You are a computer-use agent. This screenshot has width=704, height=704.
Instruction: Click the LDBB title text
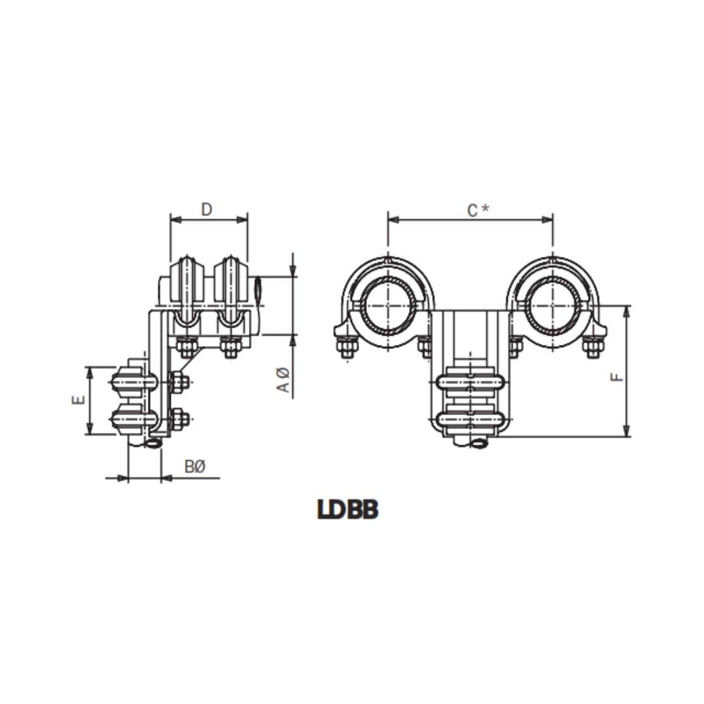(x=348, y=510)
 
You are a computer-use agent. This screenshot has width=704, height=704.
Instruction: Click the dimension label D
(x=207, y=209)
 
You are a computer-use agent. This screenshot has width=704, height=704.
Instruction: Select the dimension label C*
(x=477, y=210)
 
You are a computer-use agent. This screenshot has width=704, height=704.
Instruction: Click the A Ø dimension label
(x=283, y=380)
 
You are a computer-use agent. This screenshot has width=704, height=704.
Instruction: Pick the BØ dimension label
(x=195, y=467)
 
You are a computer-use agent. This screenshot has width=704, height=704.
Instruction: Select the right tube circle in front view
(x=552, y=305)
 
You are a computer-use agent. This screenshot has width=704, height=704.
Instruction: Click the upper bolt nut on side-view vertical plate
(x=179, y=383)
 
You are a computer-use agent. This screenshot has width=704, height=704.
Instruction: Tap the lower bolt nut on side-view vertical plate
(x=179, y=419)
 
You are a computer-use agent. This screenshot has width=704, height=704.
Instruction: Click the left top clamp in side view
(x=186, y=287)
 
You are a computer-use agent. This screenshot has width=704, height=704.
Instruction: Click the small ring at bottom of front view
(x=479, y=444)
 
